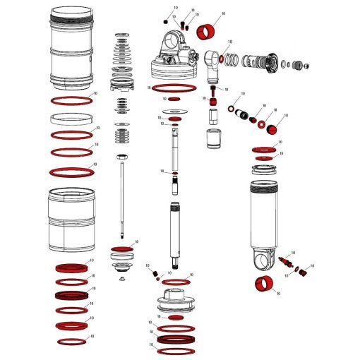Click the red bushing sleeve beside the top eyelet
point(207,31)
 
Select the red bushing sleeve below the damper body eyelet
point(265,286)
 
